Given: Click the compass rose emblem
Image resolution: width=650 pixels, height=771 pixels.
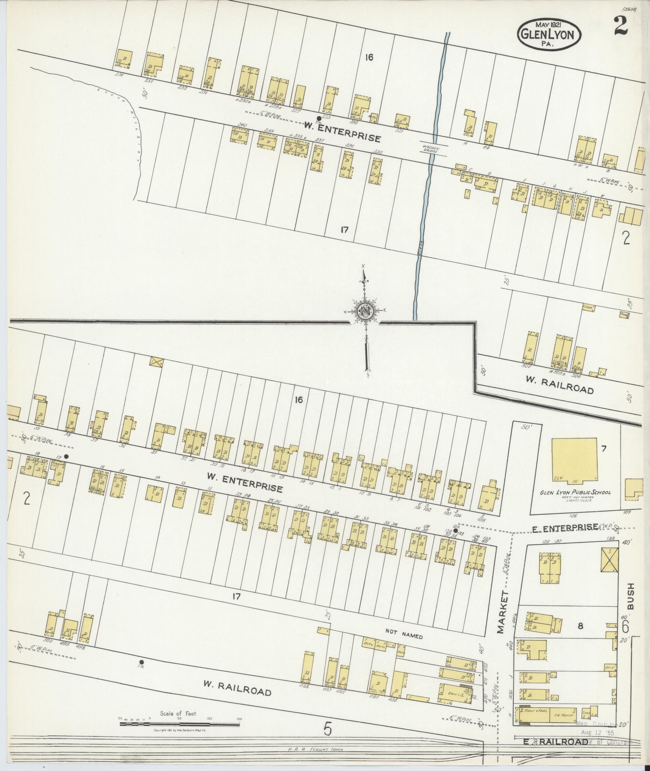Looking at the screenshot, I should (365, 312).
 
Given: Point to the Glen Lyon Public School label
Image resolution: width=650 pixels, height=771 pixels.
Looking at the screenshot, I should (576, 493).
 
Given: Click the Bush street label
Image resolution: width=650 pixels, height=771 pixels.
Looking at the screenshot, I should (631, 596).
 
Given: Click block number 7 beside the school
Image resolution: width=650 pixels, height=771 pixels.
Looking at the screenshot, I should (603, 449).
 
